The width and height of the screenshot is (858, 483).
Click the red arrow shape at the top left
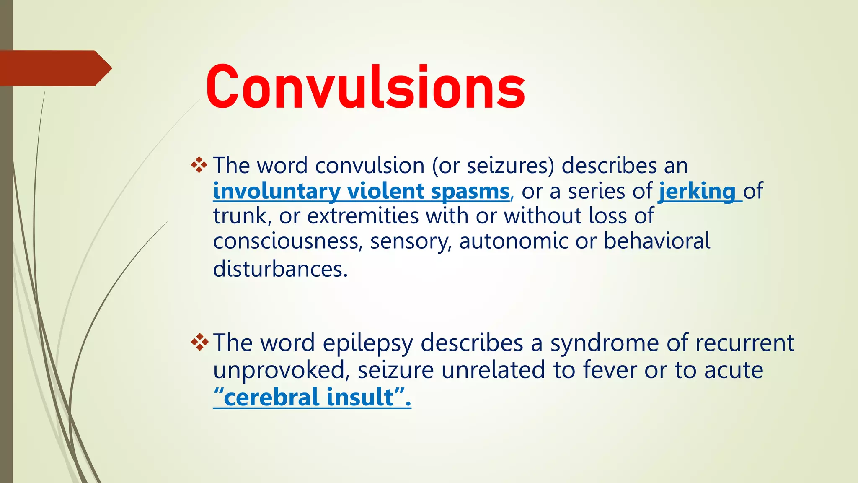tap(54, 68)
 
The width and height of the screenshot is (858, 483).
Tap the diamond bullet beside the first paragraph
tap(199, 165)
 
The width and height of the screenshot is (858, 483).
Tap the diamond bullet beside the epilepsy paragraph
tap(199, 342)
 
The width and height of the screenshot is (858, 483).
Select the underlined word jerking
tap(697, 191)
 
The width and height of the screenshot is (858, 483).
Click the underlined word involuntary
tap(277, 191)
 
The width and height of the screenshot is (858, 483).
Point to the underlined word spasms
tap(470, 191)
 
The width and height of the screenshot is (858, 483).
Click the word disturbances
tap(280, 269)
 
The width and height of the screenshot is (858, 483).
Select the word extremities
tap(363, 216)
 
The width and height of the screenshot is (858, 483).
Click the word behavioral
tap(656, 241)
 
